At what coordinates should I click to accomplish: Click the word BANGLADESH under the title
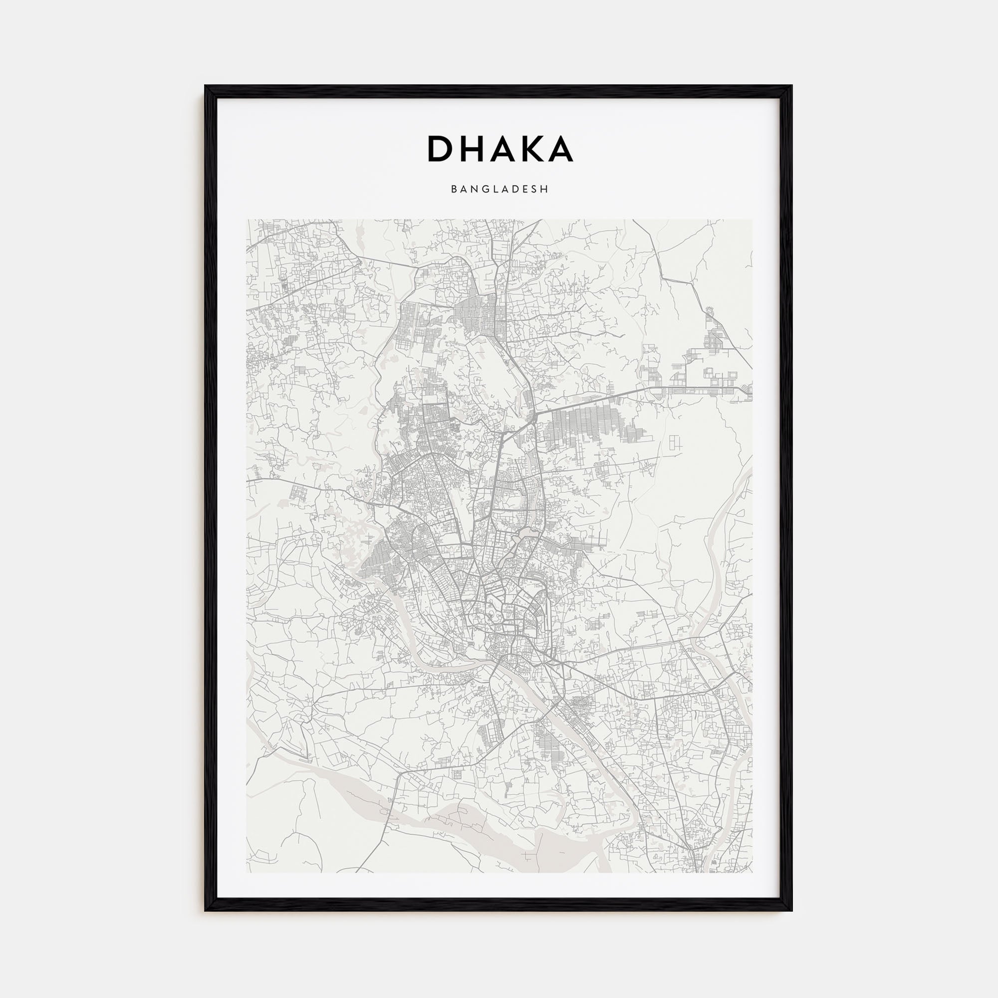point(499,190)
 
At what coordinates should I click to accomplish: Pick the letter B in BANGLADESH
point(454,190)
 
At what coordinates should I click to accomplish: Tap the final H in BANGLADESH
point(545,190)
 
